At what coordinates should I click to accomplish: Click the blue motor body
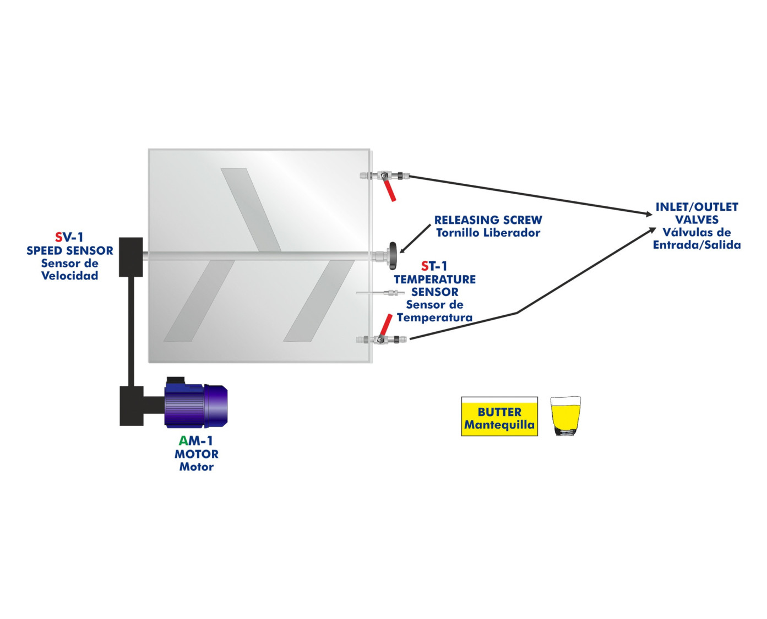(x=196, y=406)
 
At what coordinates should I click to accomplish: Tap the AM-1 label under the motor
(x=196, y=441)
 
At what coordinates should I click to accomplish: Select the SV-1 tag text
(x=69, y=237)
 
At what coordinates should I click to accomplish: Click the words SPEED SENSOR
(x=70, y=250)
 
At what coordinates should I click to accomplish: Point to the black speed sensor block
(x=131, y=256)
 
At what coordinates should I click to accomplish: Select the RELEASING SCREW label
(x=488, y=220)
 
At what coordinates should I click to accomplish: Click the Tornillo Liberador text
(x=488, y=233)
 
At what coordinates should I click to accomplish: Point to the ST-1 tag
(x=434, y=266)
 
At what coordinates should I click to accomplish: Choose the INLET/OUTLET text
(x=697, y=207)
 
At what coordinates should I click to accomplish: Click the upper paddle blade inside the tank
(x=251, y=209)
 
